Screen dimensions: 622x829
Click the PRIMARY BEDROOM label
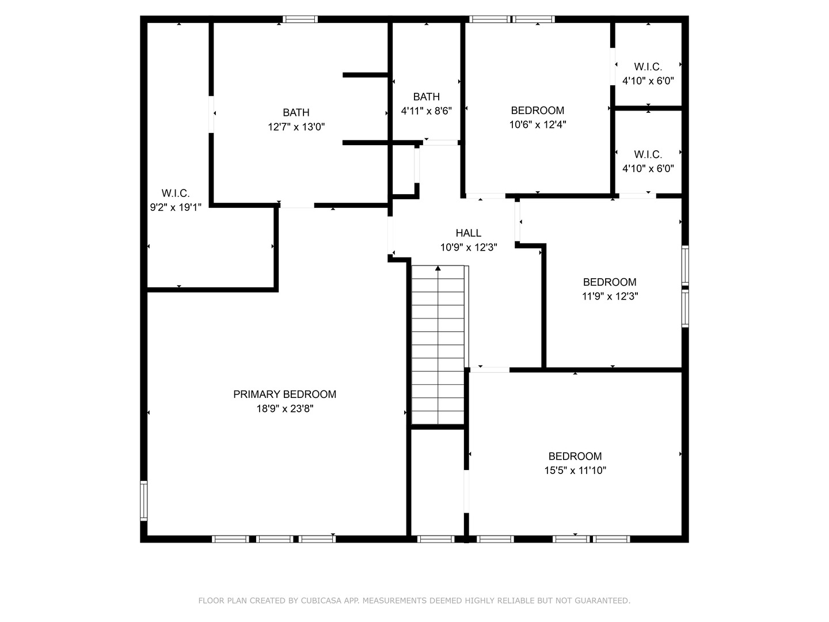click(x=284, y=395)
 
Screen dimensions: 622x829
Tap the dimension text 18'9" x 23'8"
click(x=284, y=409)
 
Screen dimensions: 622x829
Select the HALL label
click(x=468, y=233)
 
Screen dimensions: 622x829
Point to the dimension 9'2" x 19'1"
click(x=176, y=207)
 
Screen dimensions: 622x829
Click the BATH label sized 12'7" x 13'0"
click(x=296, y=113)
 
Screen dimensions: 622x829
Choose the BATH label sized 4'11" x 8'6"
click(x=426, y=97)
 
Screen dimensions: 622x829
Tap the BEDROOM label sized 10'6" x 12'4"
click(x=537, y=111)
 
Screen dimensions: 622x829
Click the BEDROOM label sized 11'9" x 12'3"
click(x=610, y=282)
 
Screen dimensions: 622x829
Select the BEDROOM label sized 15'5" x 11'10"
click(x=575, y=456)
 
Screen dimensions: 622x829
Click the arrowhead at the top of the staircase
click(x=438, y=268)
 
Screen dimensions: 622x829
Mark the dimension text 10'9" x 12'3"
click(x=469, y=248)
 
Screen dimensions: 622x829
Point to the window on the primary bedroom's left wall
click(x=143, y=501)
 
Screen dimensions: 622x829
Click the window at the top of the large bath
click(x=300, y=20)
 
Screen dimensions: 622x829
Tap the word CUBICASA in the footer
click(x=322, y=601)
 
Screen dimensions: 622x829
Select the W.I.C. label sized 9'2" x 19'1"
click(x=176, y=194)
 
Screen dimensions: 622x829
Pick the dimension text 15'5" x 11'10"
click(x=575, y=471)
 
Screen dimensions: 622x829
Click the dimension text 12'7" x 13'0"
click(x=296, y=127)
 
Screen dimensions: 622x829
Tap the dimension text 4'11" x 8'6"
click(x=426, y=111)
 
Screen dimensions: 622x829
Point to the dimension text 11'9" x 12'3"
click(x=610, y=297)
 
